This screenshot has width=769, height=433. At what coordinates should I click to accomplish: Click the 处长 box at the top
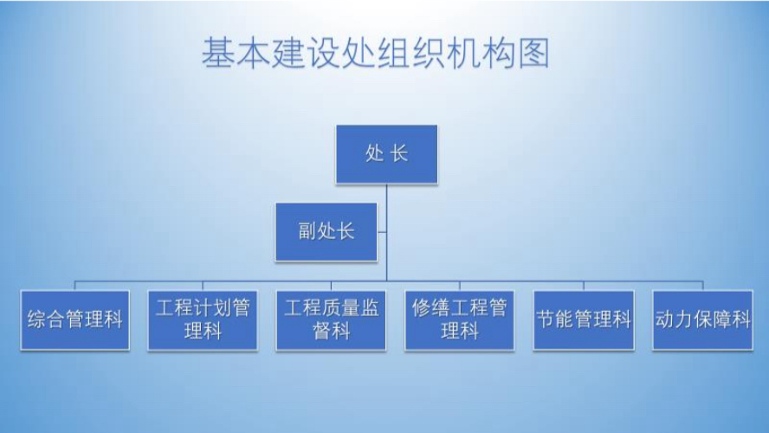[x=386, y=154]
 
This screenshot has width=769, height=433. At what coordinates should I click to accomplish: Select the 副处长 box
[x=326, y=231]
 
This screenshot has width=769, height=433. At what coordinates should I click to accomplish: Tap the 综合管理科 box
[x=75, y=320]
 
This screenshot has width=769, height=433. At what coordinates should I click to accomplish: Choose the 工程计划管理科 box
[x=203, y=320]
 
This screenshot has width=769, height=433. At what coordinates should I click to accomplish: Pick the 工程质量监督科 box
[x=331, y=320]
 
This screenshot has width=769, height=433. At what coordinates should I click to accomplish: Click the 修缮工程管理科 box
[x=460, y=320]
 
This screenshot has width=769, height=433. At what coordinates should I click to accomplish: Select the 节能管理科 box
[x=584, y=320]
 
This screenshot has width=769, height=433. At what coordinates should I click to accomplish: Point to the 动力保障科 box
[x=703, y=320]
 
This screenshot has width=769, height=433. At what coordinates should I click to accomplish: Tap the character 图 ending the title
[x=533, y=53]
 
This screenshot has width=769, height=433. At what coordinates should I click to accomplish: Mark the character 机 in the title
[x=463, y=53]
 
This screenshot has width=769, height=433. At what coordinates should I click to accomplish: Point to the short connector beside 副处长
[x=382, y=232]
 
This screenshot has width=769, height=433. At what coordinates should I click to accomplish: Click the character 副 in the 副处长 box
[x=307, y=231]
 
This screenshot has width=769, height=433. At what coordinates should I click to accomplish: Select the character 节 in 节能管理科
[x=546, y=320]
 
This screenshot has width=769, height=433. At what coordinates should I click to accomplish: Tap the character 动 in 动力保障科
[x=664, y=320]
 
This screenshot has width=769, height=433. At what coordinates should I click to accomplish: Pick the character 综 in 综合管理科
[x=36, y=320]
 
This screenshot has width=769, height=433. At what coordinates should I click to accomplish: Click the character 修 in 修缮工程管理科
[x=421, y=308]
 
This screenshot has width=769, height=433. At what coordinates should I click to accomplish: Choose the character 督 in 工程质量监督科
[x=322, y=332]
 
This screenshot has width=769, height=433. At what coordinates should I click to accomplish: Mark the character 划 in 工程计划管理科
[x=222, y=308]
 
